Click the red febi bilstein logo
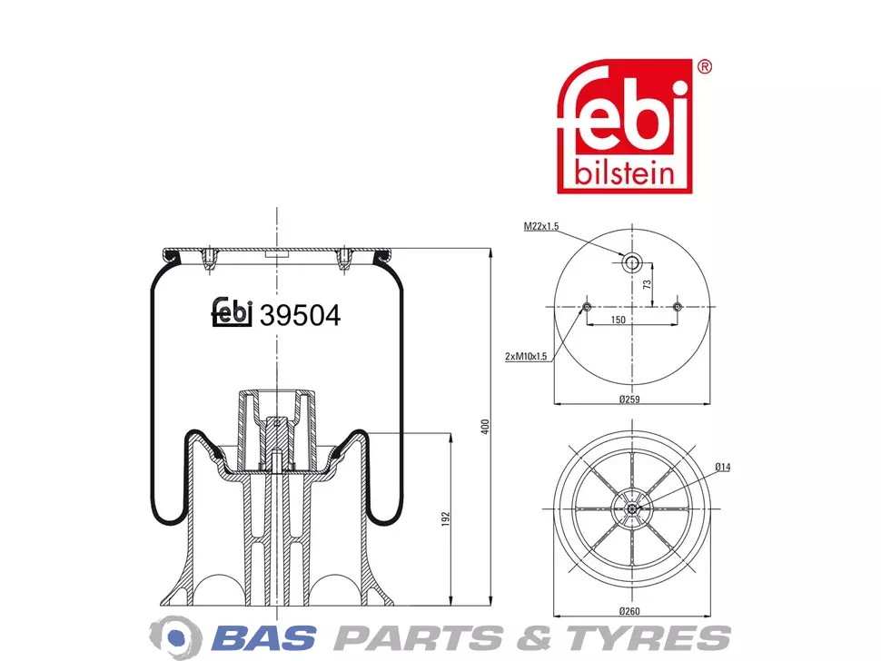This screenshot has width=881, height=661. coord(624,126)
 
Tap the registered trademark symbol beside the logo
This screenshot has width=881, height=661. coord(704,67)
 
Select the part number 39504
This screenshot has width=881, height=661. coord(300,316)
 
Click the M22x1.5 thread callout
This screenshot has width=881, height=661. coord(541,226)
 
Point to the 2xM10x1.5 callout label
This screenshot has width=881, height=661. coord(526,356)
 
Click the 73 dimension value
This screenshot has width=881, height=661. coord(648,284)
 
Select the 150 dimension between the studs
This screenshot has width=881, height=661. coord(618,320)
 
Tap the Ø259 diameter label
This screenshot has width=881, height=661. coord(629,400)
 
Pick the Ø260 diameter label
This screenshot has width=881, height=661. coord(629,611)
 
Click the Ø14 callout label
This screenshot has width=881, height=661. coord(723,467)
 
